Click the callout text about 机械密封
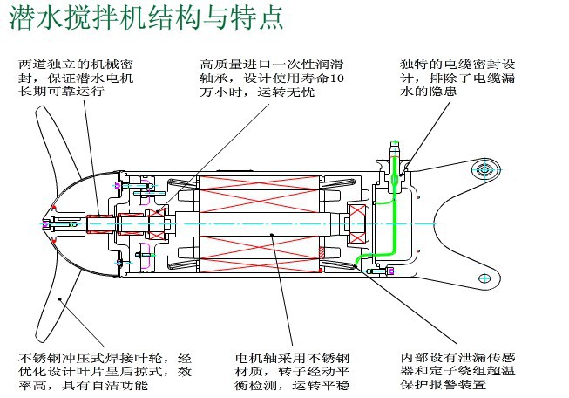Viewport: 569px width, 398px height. point(77,78)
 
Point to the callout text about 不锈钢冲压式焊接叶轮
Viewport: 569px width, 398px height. point(105,371)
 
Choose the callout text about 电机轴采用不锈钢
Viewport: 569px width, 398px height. point(292,371)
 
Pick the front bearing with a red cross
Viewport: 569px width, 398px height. point(157,223)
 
